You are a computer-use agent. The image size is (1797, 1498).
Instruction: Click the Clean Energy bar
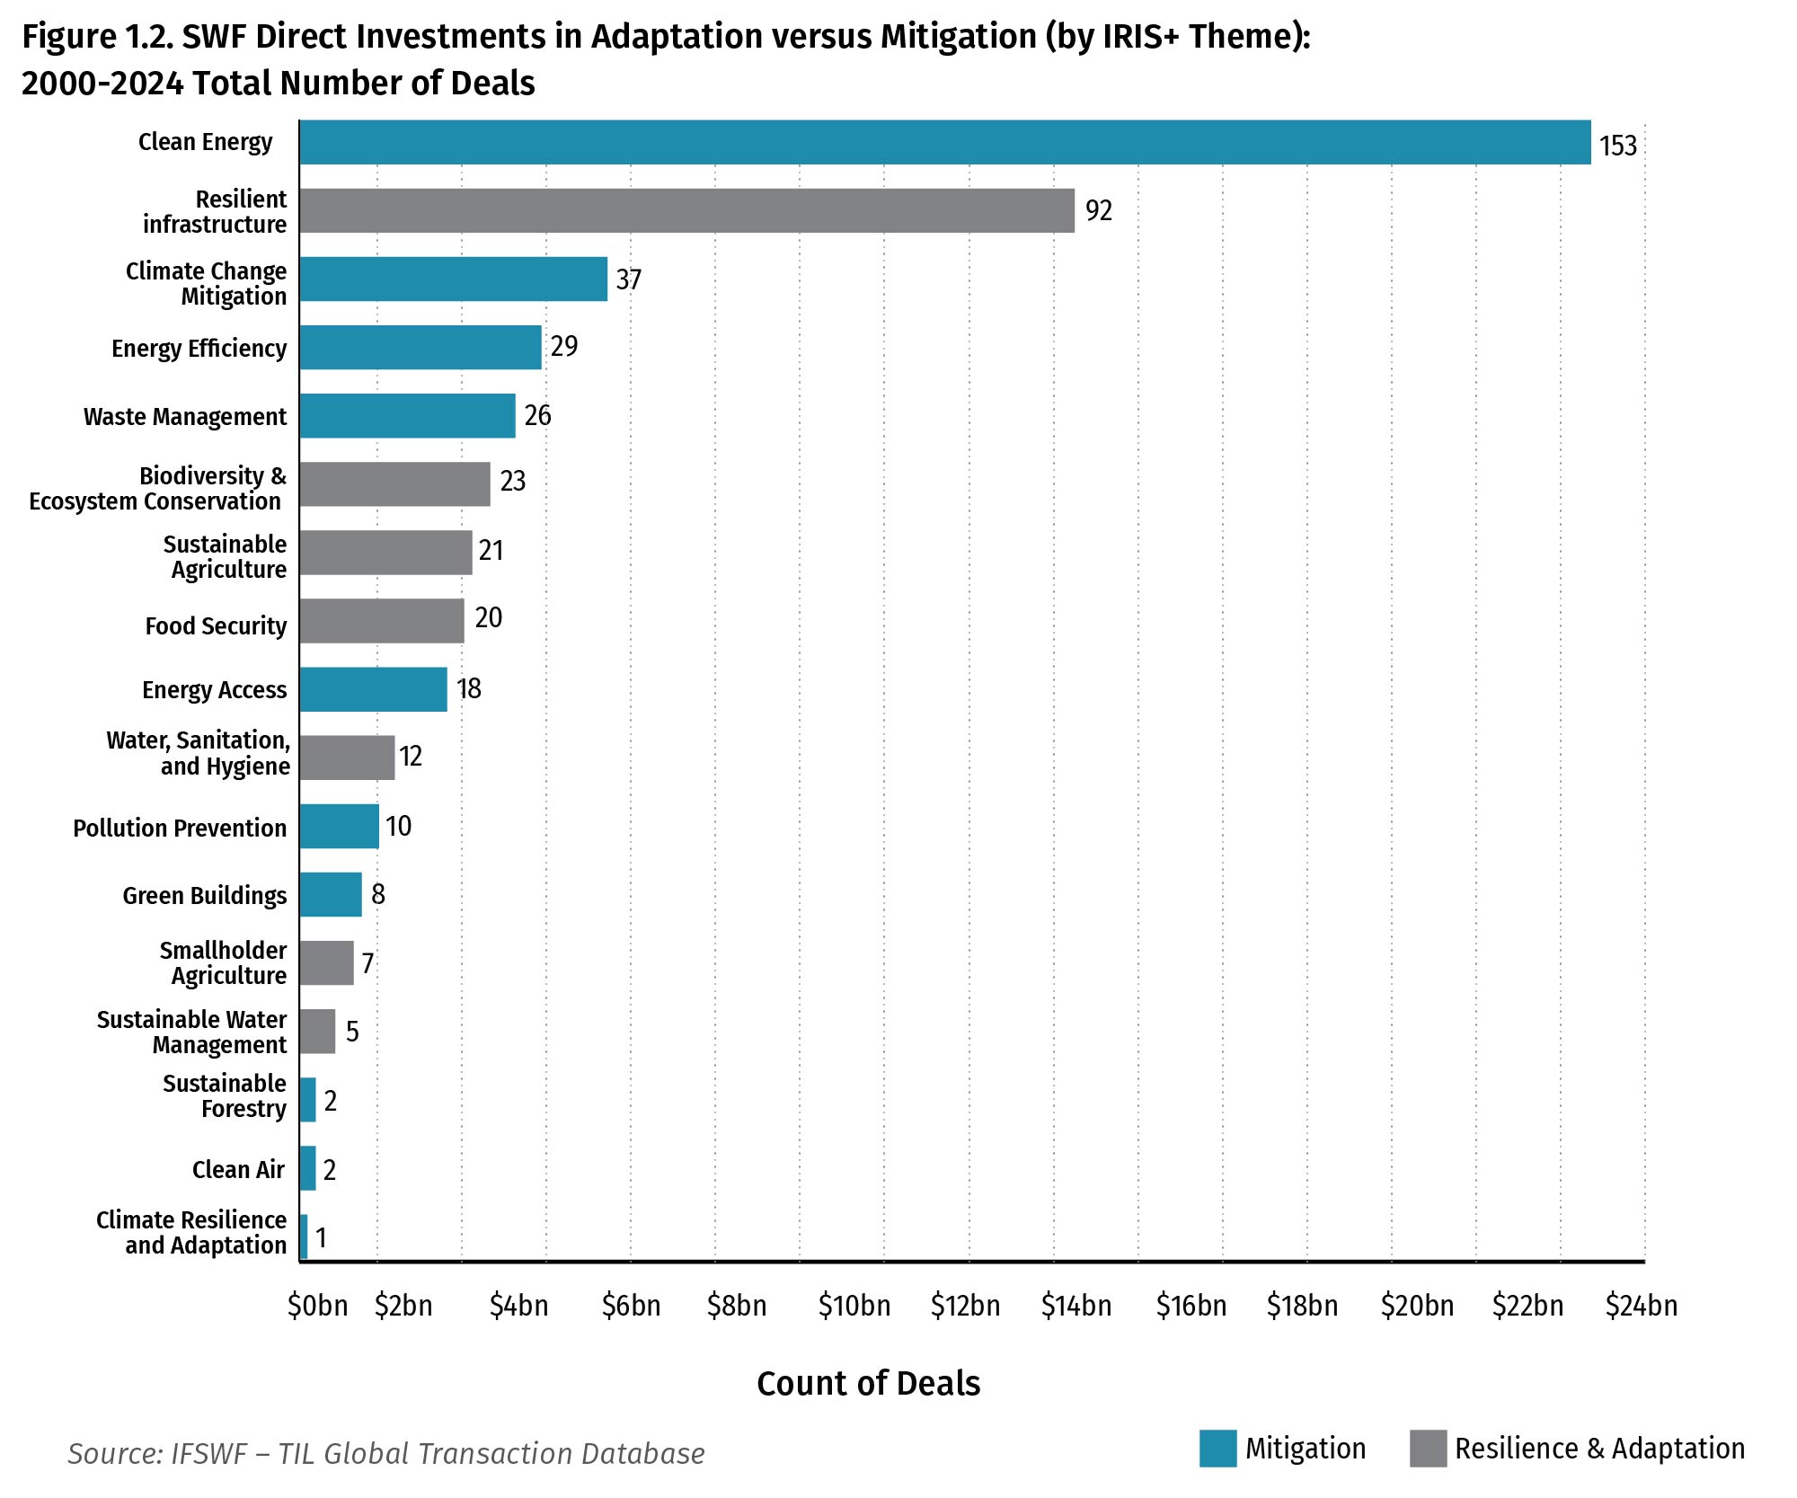coord(943,142)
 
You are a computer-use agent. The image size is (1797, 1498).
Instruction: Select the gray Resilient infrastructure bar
coord(686,210)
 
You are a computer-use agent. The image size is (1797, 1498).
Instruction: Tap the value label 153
coord(1617,146)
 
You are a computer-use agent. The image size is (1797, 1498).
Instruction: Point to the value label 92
coord(1098,210)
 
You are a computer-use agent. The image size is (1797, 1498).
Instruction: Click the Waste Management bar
coord(407,415)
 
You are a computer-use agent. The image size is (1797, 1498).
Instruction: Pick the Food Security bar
coord(382,621)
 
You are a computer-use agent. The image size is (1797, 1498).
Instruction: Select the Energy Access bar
coord(373,689)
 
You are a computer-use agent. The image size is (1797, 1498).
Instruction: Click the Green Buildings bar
coord(331,894)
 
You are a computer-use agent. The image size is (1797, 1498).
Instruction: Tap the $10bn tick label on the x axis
coord(854,1306)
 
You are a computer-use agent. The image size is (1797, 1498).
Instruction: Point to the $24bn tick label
coord(1641,1306)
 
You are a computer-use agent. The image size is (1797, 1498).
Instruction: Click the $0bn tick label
coord(317,1306)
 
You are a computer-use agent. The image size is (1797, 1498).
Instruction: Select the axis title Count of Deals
coord(868,1383)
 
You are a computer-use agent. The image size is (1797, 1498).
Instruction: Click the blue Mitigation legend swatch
coord(1217,1449)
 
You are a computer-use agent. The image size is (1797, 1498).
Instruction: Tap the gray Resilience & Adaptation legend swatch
coord(1428,1449)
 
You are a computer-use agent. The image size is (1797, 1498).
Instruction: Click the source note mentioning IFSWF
coord(385,1453)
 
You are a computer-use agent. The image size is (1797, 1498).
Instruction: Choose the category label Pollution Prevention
coord(180,828)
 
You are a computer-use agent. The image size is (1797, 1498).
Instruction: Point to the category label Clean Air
coord(238,1169)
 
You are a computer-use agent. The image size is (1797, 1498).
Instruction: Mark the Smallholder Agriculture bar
coord(326,962)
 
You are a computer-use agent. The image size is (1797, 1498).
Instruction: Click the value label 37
coord(628,279)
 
